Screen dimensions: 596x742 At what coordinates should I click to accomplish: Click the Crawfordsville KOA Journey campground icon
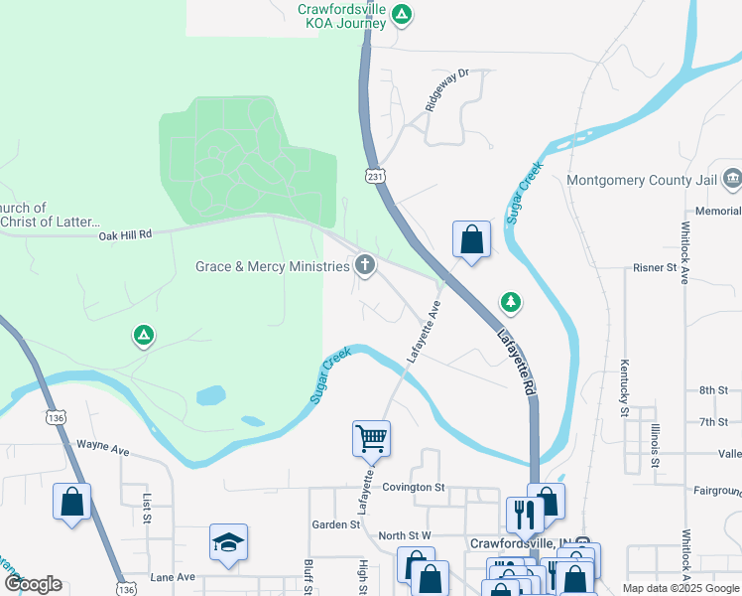click(x=401, y=14)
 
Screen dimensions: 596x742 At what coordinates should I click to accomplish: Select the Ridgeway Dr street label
click(x=446, y=90)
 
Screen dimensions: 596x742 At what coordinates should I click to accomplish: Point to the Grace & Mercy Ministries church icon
click(x=365, y=265)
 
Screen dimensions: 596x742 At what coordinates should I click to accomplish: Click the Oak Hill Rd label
click(x=125, y=234)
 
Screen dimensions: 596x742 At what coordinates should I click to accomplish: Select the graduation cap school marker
click(x=228, y=542)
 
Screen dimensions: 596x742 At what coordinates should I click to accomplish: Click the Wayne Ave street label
click(x=103, y=448)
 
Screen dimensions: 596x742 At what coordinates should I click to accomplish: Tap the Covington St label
click(x=415, y=487)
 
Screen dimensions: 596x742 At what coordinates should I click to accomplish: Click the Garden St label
click(x=335, y=524)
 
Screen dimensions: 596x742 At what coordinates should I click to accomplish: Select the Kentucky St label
click(x=625, y=386)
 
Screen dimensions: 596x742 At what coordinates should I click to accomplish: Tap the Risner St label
click(x=654, y=268)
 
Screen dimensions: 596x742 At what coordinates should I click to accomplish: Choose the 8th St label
click(x=713, y=390)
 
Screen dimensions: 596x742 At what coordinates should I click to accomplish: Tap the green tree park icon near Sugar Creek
click(x=511, y=301)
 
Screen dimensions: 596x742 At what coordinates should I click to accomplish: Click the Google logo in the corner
click(x=33, y=583)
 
